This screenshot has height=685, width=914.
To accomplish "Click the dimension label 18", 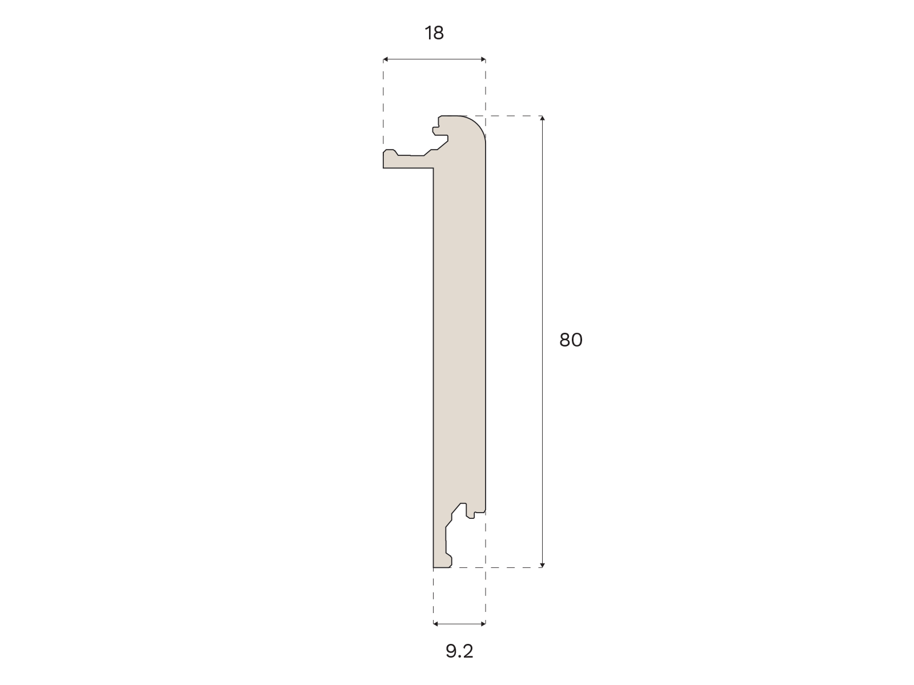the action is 434,33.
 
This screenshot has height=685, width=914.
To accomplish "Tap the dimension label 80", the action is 571,340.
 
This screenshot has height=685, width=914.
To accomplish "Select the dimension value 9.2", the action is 459,651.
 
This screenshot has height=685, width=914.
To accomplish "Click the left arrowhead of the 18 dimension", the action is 385,59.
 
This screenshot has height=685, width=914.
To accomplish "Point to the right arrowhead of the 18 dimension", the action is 483,59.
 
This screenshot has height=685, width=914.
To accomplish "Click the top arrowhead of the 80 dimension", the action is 542,118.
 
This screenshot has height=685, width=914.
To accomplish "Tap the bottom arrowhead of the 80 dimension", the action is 542,565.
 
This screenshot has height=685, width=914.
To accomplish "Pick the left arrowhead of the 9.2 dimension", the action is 435,624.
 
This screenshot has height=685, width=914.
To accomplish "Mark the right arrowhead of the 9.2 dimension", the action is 483,624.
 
